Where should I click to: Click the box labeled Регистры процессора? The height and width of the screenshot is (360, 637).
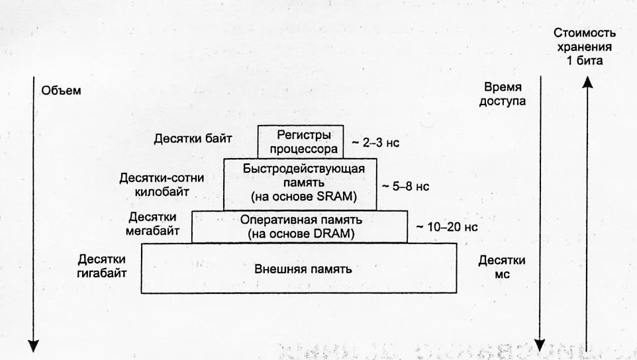click(300, 141)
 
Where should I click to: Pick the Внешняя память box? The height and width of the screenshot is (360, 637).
click(300, 269)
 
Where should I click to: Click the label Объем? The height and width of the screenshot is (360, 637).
click(61, 91)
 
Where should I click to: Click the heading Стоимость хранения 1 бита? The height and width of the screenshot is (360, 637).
click(585, 46)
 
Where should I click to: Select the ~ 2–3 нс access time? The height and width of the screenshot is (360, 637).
click(375, 142)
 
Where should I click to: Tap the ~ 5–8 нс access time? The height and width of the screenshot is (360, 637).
click(405, 187)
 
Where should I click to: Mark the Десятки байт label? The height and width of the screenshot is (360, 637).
click(193, 139)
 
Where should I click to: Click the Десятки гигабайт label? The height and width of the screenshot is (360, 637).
click(102, 265)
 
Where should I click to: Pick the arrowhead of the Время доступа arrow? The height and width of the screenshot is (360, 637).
click(540, 345)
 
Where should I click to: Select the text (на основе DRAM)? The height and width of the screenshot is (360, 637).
click(301, 234)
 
